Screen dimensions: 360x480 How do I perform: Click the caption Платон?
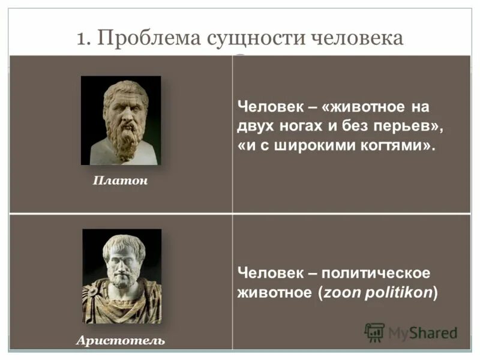pos(120,181)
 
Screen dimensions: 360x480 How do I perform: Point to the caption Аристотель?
pos(120,340)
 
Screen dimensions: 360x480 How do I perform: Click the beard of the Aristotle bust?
pos(122,278)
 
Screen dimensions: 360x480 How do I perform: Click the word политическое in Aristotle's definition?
pos(376,273)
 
